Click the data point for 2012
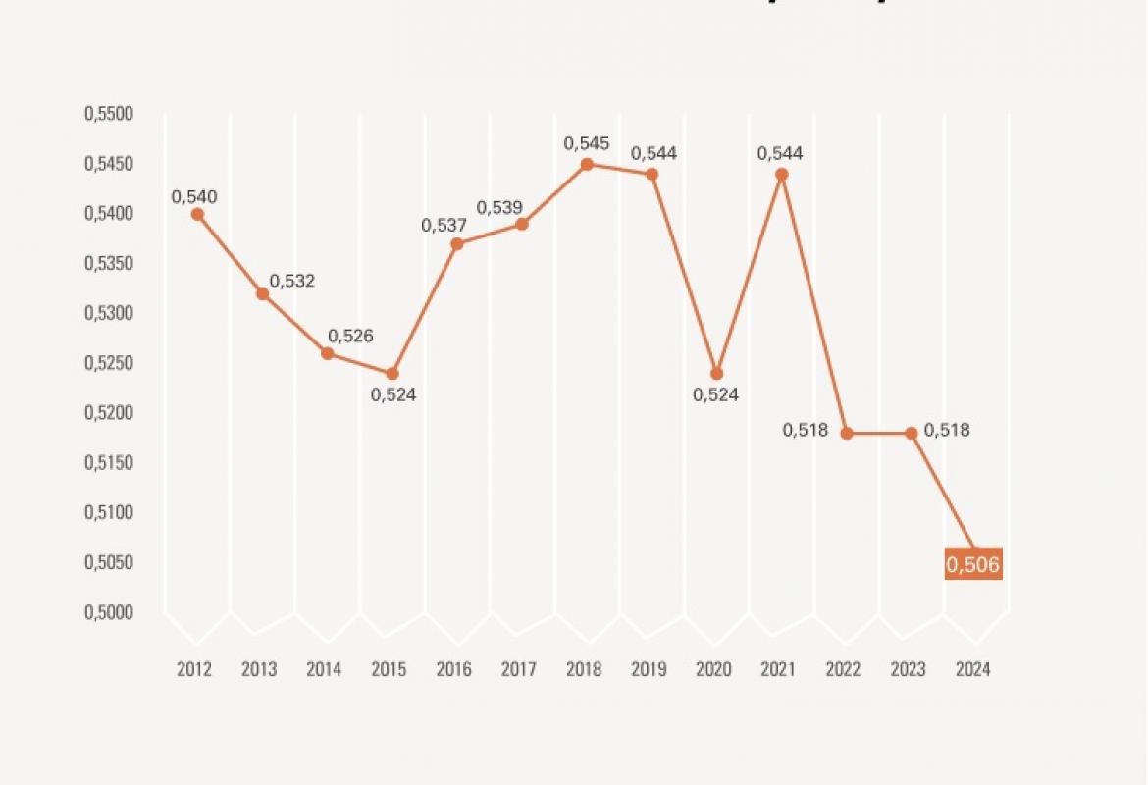[x=197, y=214]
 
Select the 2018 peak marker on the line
[x=587, y=164]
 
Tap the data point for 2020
[x=716, y=374]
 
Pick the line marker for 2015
[x=392, y=374]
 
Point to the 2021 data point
[x=782, y=175]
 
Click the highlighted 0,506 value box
[x=973, y=564]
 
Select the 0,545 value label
[x=587, y=144]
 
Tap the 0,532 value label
[x=292, y=281]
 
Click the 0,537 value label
[x=444, y=225]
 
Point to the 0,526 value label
[x=350, y=336]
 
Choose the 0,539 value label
[x=500, y=208]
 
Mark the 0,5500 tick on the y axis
[x=108, y=114]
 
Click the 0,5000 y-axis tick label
[x=108, y=612]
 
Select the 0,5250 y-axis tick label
[x=108, y=363]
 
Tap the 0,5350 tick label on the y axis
[x=108, y=263]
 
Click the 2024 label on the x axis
[x=973, y=670]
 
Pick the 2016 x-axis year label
[x=453, y=670]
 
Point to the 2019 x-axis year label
[x=649, y=670]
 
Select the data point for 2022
[x=847, y=433]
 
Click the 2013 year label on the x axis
[x=259, y=670]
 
